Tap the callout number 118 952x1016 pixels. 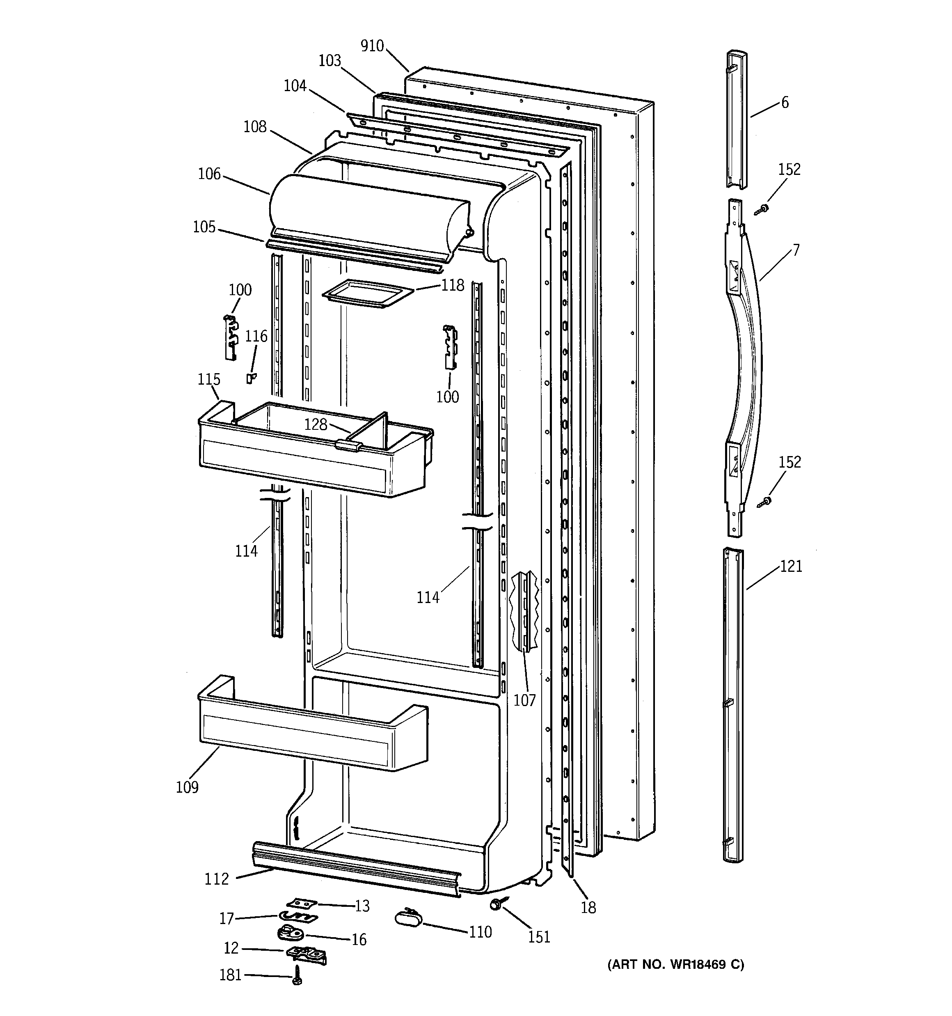[x=452, y=285]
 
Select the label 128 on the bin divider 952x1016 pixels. [x=315, y=424]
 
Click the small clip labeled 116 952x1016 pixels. [x=250, y=378]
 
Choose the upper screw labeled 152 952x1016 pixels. [x=762, y=209]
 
